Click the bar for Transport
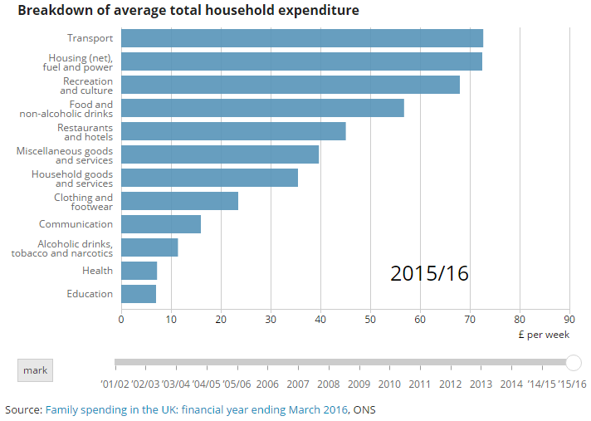point(301,38)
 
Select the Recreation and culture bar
point(290,85)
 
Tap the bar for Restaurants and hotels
point(233,131)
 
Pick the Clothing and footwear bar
point(179,201)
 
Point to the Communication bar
point(161,224)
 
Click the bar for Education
point(139,294)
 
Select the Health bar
point(139,271)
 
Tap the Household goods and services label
point(72,178)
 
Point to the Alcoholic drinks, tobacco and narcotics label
point(62,247)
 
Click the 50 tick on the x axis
point(370,318)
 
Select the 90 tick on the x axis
point(569,318)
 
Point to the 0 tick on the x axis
point(121,318)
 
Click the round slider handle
point(573,362)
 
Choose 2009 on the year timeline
point(359,384)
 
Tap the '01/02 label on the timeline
point(115,384)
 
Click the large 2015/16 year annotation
point(429,273)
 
